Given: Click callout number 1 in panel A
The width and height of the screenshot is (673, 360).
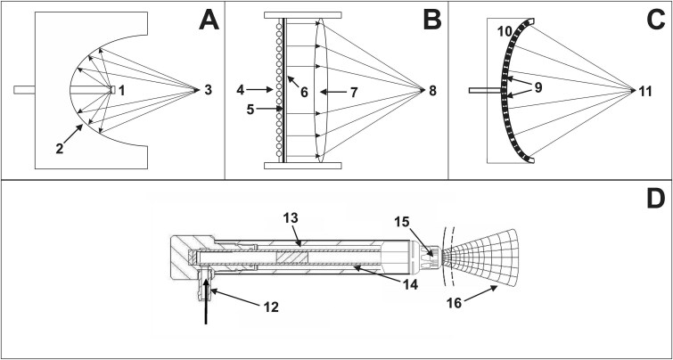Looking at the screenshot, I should tap(123, 90).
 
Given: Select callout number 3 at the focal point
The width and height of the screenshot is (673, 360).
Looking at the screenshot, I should tap(209, 90).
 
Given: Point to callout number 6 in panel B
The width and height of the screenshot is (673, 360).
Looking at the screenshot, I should tap(307, 92).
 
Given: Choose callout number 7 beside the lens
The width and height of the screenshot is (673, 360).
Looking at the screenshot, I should tap(354, 90).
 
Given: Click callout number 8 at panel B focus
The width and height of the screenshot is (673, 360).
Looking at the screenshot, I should tap(432, 90).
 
